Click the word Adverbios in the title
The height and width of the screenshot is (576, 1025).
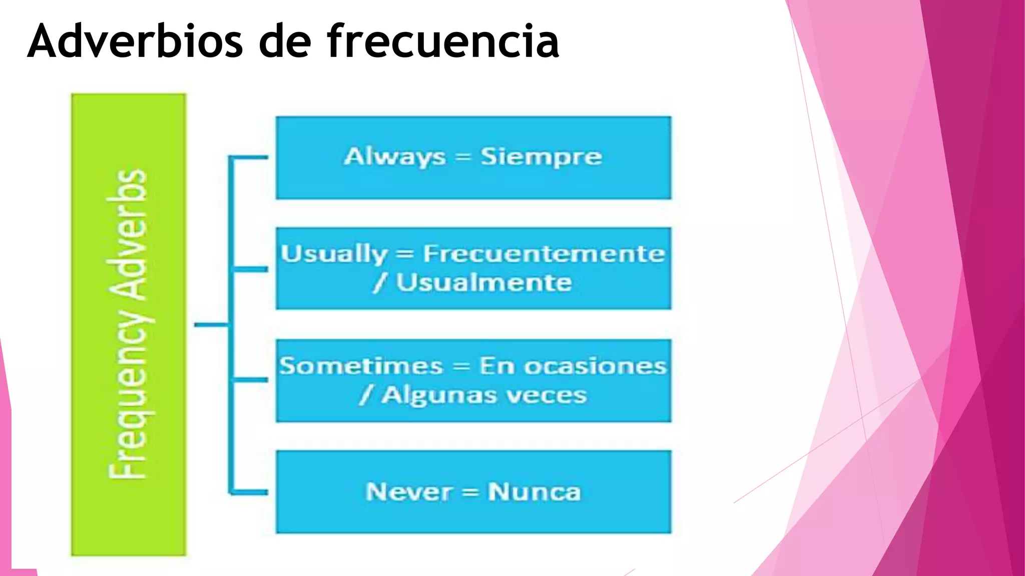point(135,41)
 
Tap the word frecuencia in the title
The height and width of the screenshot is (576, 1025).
point(443,41)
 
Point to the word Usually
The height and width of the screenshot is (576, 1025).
point(334,254)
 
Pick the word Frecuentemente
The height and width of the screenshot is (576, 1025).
point(544,254)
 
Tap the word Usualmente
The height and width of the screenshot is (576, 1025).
point(483,283)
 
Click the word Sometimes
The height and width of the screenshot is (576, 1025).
point(361,366)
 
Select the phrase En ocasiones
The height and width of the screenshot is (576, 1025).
point(573,366)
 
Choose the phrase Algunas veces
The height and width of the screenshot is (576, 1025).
point(483,395)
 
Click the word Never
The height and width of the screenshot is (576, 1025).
point(409,492)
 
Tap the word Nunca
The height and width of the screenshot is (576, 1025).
point(534,492)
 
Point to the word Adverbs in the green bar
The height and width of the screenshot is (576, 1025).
point(128,235)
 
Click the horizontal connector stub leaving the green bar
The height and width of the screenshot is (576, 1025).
point(211,325)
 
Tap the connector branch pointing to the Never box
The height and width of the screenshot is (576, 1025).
point(249,492)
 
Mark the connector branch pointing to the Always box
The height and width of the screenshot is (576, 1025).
point(249,157)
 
